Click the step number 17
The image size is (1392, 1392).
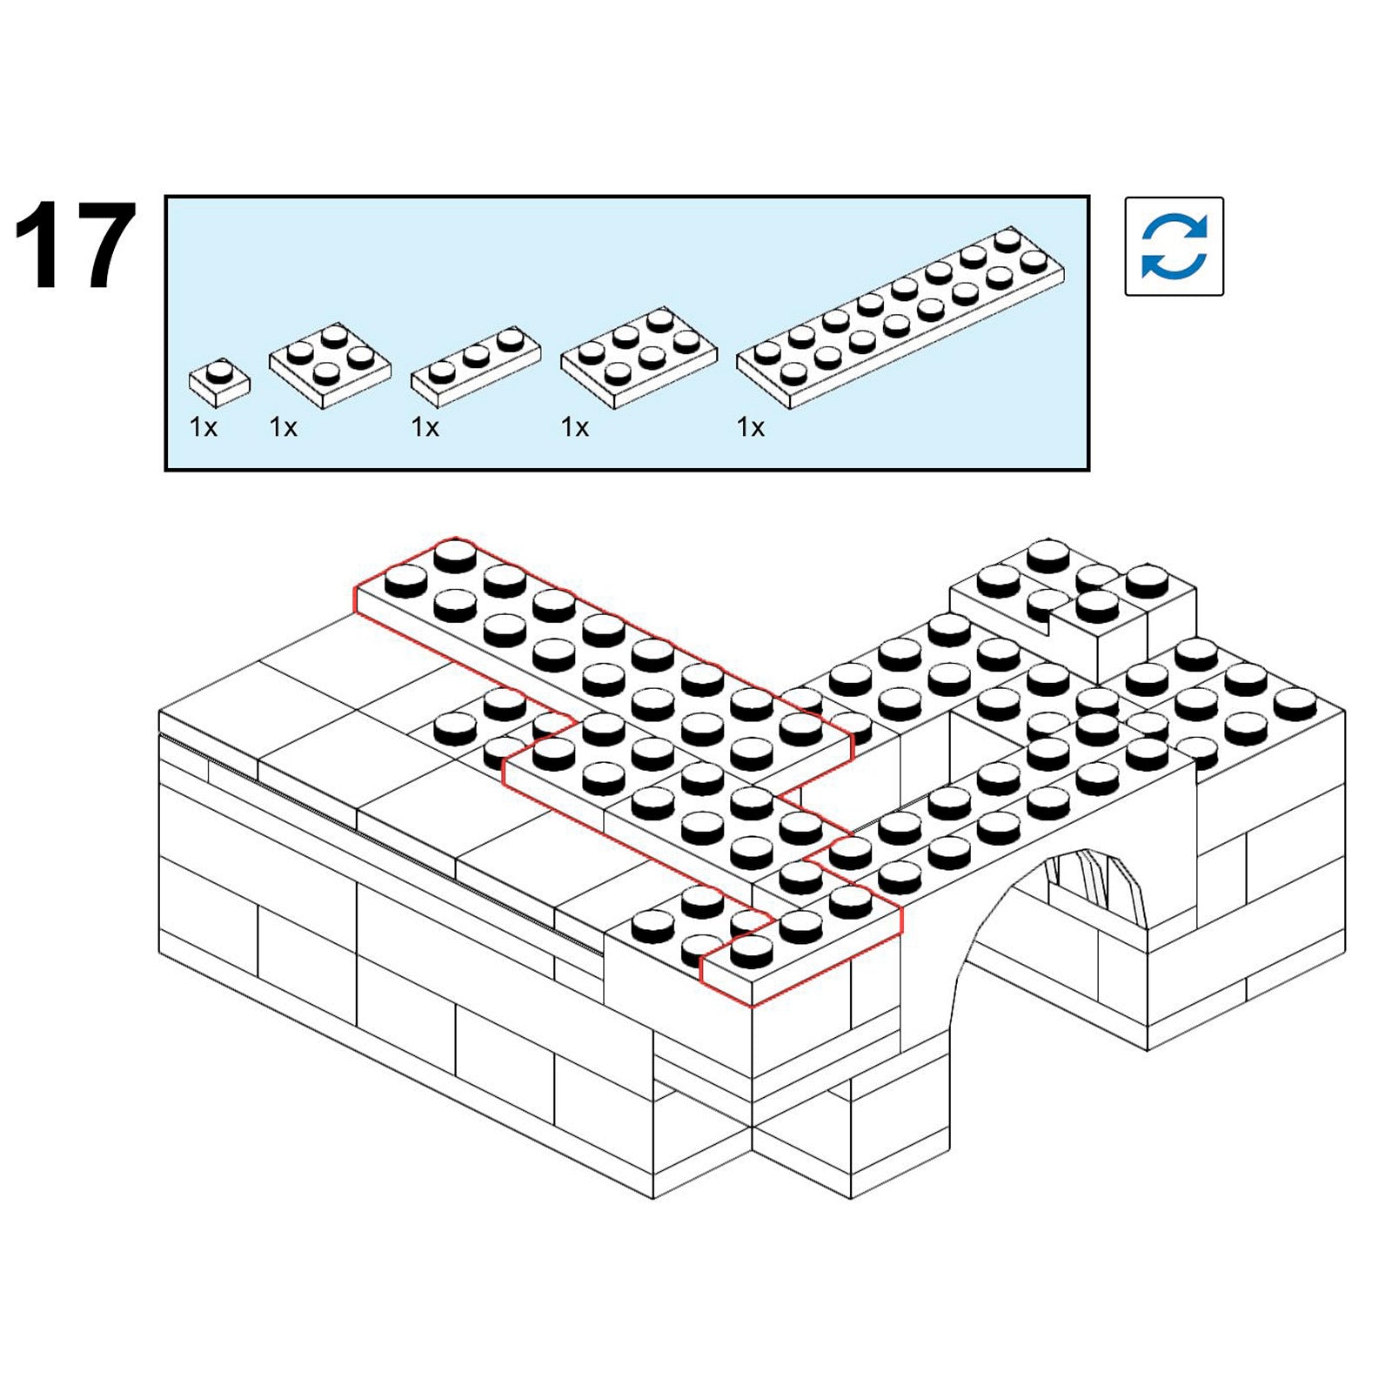tap(75, 245)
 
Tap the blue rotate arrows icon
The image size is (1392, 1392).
tap(1174, 246)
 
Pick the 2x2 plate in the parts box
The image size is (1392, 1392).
tap(330, 365)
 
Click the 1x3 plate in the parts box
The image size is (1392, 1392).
tap(475, 366)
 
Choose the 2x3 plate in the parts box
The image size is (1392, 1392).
tap(639, 358)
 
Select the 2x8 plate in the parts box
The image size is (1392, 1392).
tap(900, 318)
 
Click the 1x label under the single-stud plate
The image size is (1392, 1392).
tap(204, 427)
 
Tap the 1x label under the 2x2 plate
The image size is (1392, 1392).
tap(284, 427)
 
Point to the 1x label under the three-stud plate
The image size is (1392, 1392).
tap(425, 427)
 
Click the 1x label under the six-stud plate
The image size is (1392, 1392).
tap(575, 427)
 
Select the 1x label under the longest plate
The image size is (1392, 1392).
tap(751, 427)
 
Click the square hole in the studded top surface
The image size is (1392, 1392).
tap(987, 739)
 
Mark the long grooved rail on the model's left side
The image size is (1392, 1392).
tap(383, 844)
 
